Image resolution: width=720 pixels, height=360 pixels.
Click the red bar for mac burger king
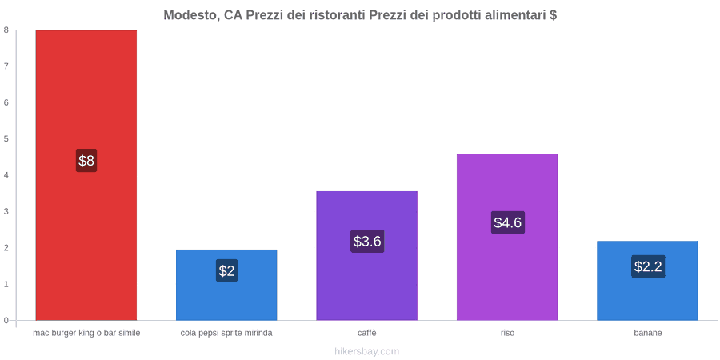[86, 175]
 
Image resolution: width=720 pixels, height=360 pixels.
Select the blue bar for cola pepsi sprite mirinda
[226, 285]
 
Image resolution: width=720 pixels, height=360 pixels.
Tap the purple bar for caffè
[367, 255]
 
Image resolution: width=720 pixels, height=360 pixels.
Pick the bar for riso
[507, 237]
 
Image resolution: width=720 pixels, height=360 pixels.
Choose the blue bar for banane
[647, 281]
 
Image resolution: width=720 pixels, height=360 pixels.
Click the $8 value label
[86, 161]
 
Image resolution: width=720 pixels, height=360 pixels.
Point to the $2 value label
[226, 271]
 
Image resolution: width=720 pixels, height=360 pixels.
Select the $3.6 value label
[367, 241]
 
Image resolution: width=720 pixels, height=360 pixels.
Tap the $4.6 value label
[507, 222]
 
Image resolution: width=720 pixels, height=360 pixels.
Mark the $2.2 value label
[648, 266]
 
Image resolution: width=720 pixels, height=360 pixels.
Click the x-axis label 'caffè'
[367, 333]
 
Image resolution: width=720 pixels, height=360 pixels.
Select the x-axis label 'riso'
[507, 333]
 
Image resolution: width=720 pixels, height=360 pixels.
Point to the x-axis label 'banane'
[648, 333]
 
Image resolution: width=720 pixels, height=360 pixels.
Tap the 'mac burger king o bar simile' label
[86, 333]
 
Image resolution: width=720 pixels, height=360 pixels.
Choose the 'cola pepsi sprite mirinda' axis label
[226, 333]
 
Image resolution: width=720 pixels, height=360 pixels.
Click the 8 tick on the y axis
[6, 30]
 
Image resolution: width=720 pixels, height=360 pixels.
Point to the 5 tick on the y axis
[6, 138]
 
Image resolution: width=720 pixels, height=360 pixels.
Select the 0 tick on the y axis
[6, 321]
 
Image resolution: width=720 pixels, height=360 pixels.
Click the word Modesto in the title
[191, 15]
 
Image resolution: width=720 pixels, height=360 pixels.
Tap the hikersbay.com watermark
[367, 352]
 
